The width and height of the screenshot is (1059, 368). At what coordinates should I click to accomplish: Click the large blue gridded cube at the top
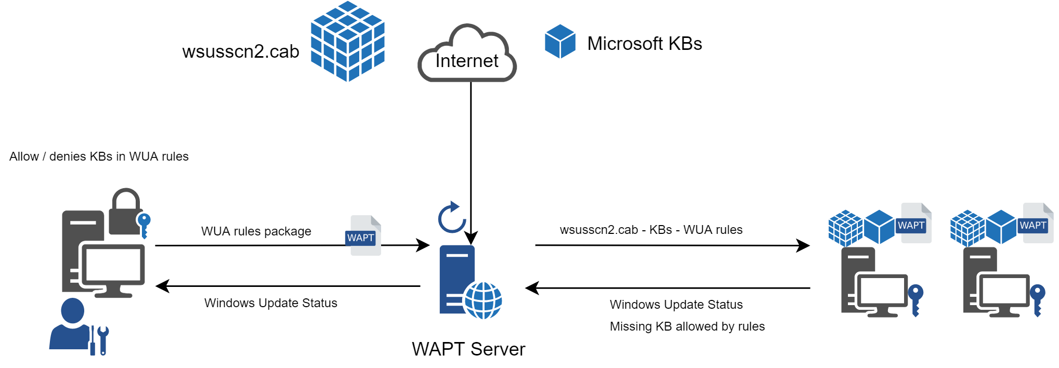pyautogui.click(x=347, y=42)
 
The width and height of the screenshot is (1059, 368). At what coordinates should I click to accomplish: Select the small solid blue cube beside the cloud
pyautogui.click(x=560, y=42)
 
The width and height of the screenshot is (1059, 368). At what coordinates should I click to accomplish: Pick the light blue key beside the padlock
pyautogui.click(x=143, y=224)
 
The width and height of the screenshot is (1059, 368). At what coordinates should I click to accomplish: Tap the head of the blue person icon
pyautogui.click(x=72, y=310)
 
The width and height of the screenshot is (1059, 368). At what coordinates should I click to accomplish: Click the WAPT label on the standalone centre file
pyautogui.click(x=360, y=238)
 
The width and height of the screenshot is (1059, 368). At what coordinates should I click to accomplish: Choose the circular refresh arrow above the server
pyautogui.click(x=452, y=217)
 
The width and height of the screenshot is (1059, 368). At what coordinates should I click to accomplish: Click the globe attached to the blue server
pyautogui.click(x=483, y=300)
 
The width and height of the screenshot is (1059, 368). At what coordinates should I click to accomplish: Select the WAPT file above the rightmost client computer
pyautogui.click(x=1036, y=223)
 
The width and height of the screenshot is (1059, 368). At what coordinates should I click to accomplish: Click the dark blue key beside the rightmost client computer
pyautogui.click(x=1037, y=299)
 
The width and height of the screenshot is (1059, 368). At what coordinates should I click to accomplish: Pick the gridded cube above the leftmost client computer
pyautogui.click(x=845, y=228)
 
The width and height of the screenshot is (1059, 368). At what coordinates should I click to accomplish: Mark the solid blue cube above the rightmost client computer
pyautogui.click(x=1001, y=227)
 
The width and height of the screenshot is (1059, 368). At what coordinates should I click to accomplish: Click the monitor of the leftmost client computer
pyautogui.click(x=882, y=292)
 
